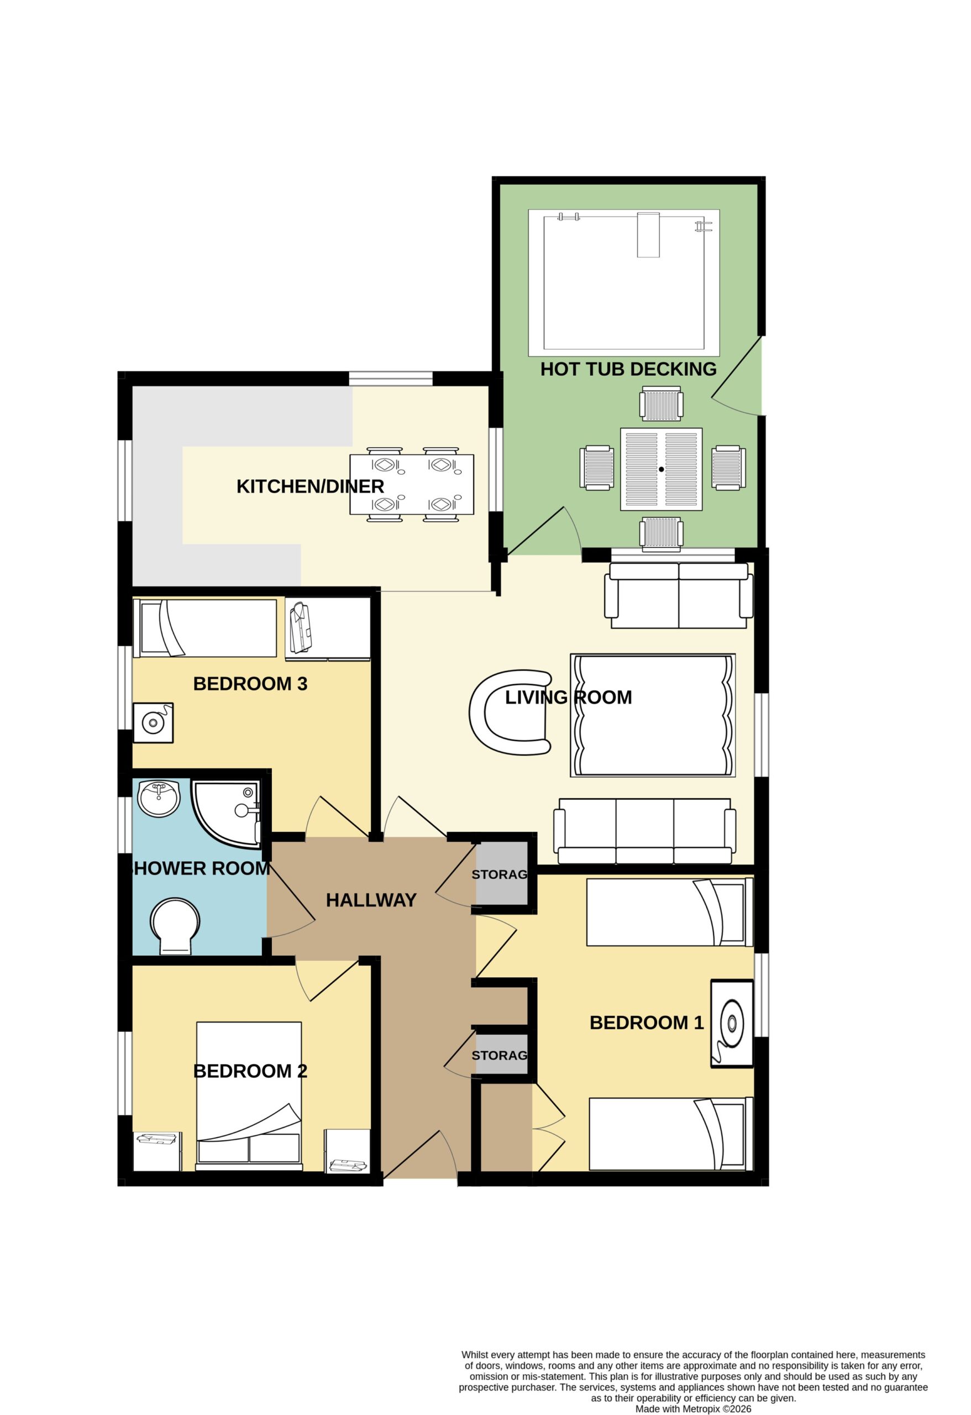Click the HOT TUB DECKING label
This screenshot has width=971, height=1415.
[x=628, y=369]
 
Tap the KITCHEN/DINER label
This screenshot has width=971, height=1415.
[x=310, y=486]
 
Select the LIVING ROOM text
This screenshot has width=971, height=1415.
[x=569, y=697]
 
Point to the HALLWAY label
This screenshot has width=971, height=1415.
[x=371, y=900]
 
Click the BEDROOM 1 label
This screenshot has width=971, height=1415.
[x=647, y=1023]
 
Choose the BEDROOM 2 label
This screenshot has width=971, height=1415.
[x=250, y=1071]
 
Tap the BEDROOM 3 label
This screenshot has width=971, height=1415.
[x=250, y=684]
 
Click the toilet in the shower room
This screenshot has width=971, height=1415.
[x=175, y=925]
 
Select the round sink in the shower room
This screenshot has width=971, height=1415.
[x=159, y=798]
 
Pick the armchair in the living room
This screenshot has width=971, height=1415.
[x=510, y=712]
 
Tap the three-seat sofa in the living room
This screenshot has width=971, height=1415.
[x=645, y=831]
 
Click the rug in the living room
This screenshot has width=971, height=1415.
[x=653, y=715]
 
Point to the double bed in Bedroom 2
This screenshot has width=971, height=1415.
[x=249, y=1096]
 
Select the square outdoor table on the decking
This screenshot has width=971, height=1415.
[x=661, y=469]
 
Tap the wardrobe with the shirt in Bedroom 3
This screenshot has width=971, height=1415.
[x=328, y=628]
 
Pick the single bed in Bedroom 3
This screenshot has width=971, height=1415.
[x=204, y=628]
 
